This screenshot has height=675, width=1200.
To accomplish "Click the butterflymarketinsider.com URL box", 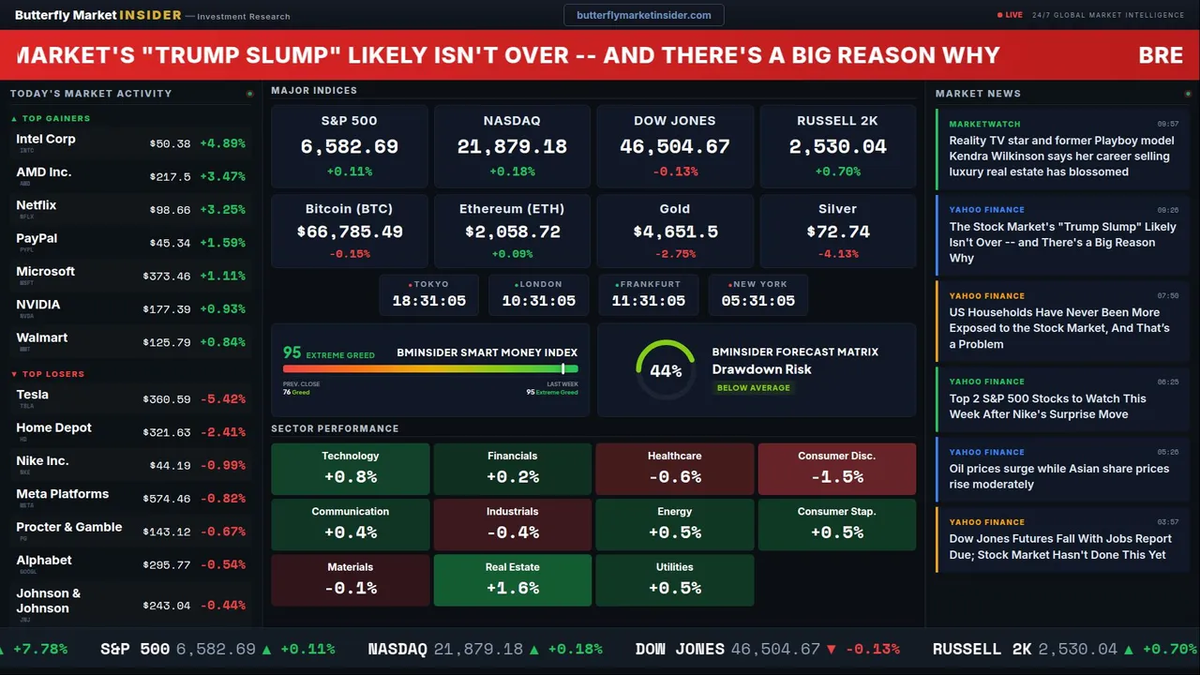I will [643, 15].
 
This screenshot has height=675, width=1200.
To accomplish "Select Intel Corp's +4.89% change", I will [222, 143].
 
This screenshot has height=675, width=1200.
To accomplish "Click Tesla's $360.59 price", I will [170, 399].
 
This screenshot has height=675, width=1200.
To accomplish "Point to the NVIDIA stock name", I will [38, 305].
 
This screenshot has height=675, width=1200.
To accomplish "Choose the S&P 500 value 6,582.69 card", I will [349, 147].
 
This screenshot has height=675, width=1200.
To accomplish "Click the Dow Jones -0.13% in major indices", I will [675, 172].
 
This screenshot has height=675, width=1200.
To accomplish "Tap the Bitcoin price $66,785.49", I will [350, 232].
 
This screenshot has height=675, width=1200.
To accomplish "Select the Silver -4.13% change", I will [837, 254].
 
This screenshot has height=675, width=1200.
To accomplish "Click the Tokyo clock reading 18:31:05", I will [428, 301].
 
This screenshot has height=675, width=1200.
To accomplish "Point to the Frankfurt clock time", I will [648, 301].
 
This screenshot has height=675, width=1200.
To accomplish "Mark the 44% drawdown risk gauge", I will [666, 370].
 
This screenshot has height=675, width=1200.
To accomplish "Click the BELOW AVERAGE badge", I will [753, 387].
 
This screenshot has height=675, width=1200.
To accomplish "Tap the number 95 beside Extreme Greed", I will [292, 352].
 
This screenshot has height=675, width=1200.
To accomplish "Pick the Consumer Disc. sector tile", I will [836, 469].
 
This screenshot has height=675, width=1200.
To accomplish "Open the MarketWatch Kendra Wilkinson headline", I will [1061, 156].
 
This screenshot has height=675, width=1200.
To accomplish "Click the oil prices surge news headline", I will [1058, 476].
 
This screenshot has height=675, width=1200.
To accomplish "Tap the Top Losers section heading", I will [52, 374].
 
